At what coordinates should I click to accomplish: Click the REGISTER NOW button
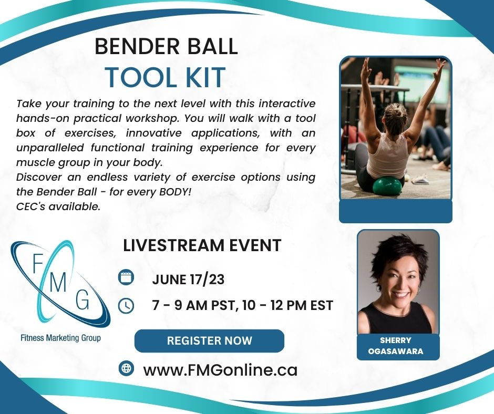click(x=209, y=340)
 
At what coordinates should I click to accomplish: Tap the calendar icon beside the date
click(x=126, y=278)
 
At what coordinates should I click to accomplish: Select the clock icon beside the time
click(x=126, y=306)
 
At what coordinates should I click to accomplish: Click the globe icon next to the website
click(x=126, y=368)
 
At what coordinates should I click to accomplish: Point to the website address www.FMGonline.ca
click(x=220, y=370)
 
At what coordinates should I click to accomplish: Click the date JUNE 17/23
click(x=188, y=280)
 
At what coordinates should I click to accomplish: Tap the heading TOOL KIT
click(x=165, y=77)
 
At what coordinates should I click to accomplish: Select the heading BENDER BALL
click(x=166, y=46)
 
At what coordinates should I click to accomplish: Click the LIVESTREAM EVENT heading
click(x=202, y=246)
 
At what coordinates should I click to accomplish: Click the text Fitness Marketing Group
click(x=61, y=338)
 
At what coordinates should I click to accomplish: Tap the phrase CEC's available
click(x=58, y=206)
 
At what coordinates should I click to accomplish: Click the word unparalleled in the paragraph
click(x=50, y=148)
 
